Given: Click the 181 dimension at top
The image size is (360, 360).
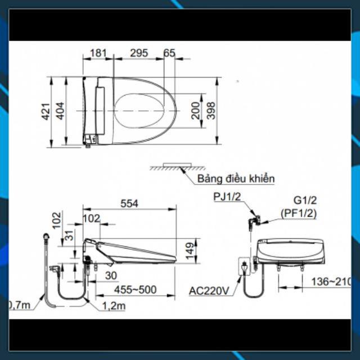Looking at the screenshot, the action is pos(98,53).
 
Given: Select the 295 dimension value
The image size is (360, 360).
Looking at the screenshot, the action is pos(139,53).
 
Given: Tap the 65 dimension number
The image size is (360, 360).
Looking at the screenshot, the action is pos(169,53).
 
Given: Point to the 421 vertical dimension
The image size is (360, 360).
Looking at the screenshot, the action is pos(46,111).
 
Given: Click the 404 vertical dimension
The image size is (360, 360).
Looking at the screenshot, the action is pos(60,111).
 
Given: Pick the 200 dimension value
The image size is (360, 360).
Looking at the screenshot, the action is pos(196,111).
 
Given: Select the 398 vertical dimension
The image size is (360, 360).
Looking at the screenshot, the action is pos(211,111).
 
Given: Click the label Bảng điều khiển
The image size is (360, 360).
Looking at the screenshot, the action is pos(236,179).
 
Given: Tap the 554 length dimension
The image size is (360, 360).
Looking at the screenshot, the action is pos(129,204).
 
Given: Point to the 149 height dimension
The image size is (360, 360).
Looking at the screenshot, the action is pos(190,251).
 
